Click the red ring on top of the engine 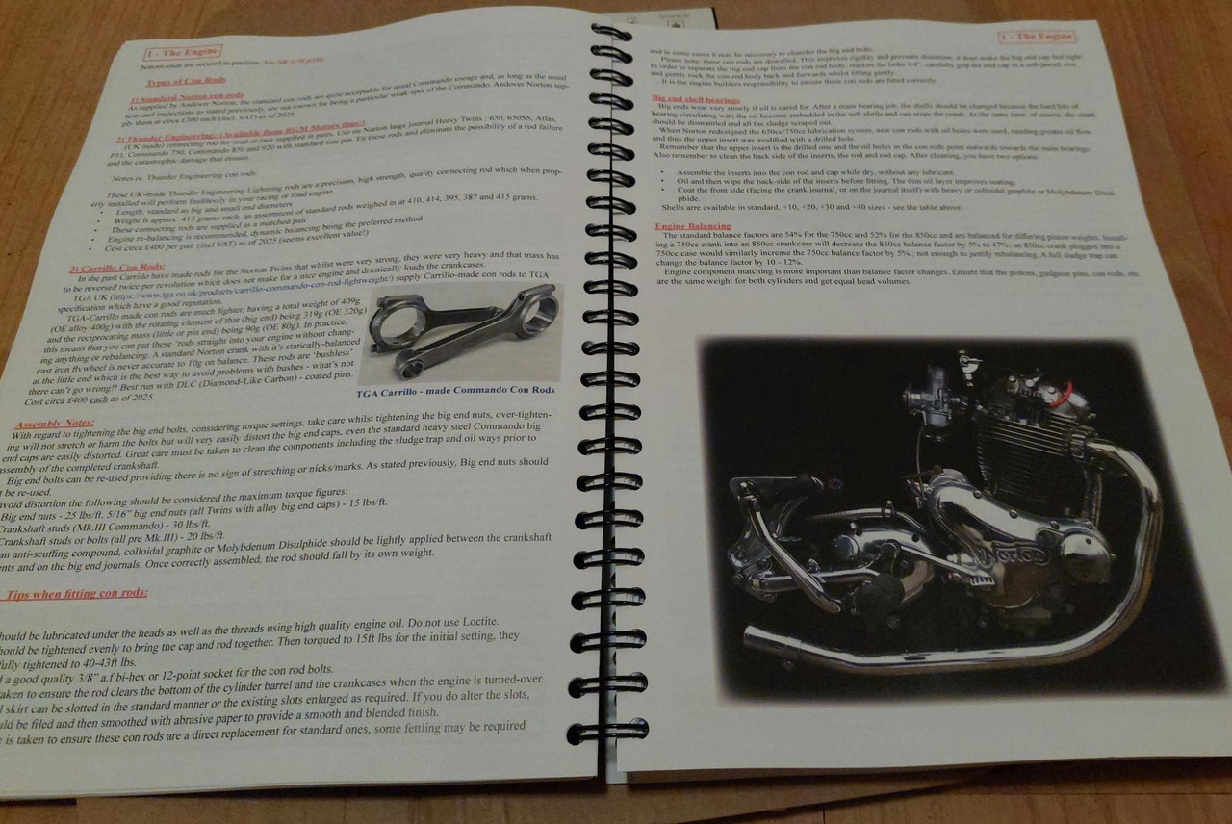[1063, 390]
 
